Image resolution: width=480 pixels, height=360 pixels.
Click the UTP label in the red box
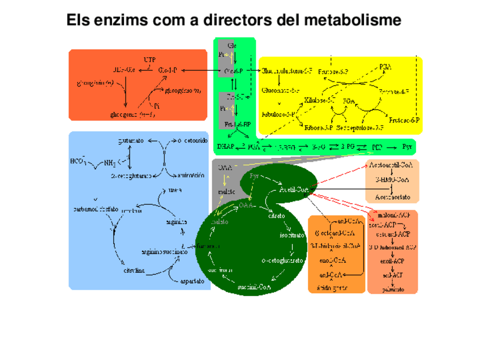pyautogui.click(x=149, y=59)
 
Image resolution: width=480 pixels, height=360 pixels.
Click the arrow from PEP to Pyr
pyautogui.click(x=391, y=147)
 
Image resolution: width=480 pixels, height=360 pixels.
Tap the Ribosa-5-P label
pyautogui.click(x=318, y=128)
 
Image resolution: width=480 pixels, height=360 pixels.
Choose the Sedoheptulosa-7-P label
pyautogui.click(x=359, y=128)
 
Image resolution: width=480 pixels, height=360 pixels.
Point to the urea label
pyautogui.click(x=175, y=190)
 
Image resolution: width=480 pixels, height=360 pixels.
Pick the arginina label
pyautogui.click(x=176, y=222)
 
